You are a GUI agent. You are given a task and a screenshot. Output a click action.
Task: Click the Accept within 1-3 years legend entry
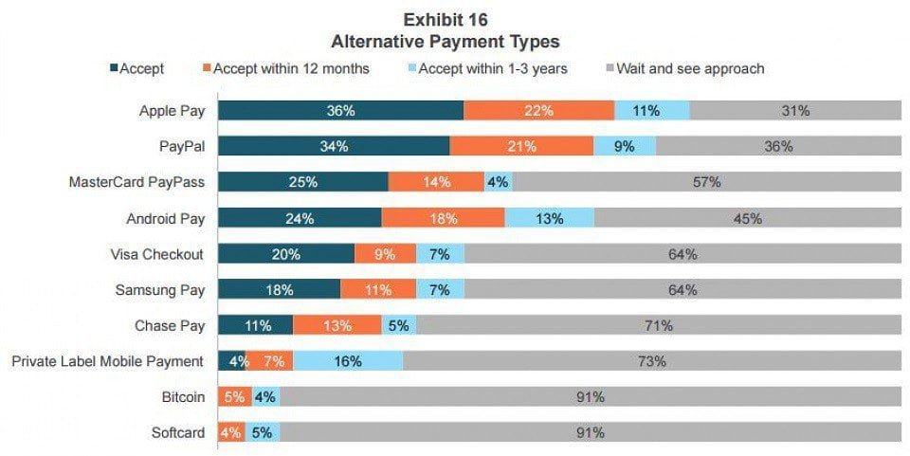coord(488,68)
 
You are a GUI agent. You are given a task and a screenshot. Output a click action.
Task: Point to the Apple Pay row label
coord(172,111)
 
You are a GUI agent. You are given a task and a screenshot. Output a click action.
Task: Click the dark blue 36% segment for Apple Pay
coord(340,111)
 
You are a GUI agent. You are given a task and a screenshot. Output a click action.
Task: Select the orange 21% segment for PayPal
coord(521,147)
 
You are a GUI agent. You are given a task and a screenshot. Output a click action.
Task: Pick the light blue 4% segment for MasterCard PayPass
coord(498,182)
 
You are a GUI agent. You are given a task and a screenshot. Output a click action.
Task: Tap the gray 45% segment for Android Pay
coord(747,218)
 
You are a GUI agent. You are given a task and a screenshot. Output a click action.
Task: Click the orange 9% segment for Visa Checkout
coord(385,254)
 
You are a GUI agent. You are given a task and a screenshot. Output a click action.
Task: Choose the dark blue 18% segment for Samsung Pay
coord(279,290)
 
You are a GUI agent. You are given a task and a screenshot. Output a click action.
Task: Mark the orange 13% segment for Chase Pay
coord(337,325)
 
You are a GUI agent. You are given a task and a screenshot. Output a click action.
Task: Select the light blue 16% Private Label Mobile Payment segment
coord(348,361)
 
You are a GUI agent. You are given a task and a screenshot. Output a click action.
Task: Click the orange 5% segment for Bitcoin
coord(234,397)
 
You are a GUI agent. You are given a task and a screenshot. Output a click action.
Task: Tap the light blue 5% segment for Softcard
coord(263,433)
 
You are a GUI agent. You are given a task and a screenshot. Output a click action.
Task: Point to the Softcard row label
coord(179,433)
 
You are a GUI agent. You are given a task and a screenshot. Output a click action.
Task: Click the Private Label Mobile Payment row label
coord(107,361)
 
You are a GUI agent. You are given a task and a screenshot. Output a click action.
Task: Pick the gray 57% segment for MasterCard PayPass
coord(706,182)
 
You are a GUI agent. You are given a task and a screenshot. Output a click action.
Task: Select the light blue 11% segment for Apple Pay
coord(651,111)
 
